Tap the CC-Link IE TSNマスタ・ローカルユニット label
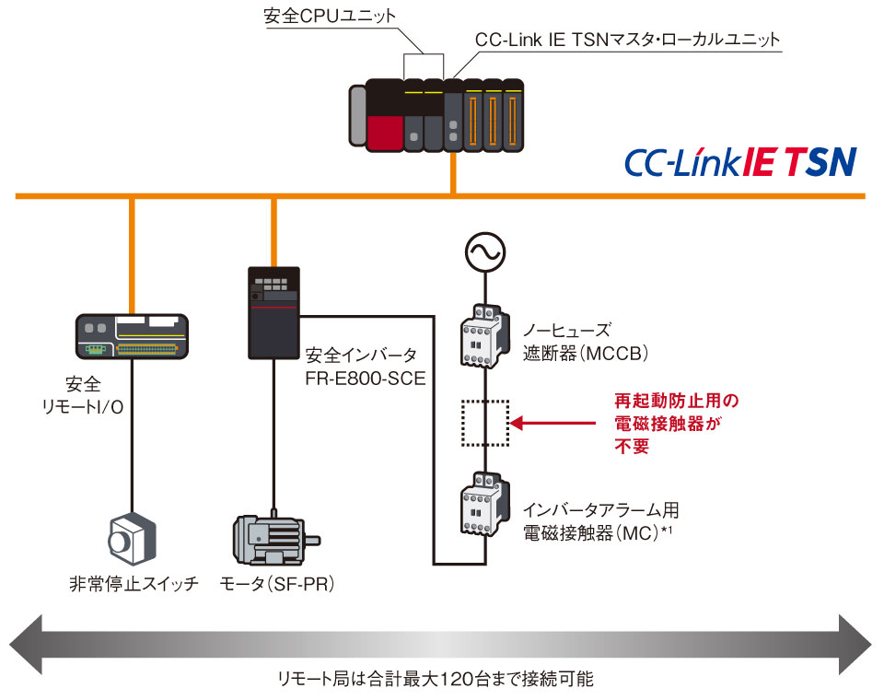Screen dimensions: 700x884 tap(627, 41)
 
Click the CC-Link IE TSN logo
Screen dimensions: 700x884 tap(740, 161)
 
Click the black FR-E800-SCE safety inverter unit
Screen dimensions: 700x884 tap(273, 313)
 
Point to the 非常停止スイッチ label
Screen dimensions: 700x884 tap(134, 584)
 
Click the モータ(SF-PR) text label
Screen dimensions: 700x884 tap(276, 584)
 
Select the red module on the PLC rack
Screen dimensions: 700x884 tap(383, 131)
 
